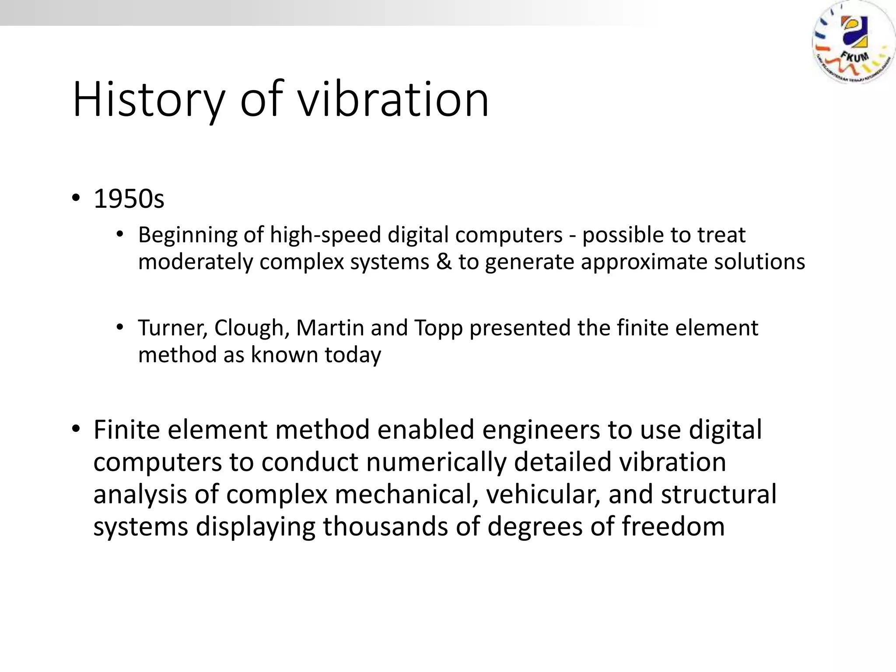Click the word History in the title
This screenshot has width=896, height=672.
click(x=148, y=100)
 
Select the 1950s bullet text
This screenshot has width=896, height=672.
click(x=129, y=199)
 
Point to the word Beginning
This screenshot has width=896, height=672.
click(x=188, y=235)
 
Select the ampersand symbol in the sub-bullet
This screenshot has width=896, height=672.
click(x=444, y=262)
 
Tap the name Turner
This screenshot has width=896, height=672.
click(x=172, y=328)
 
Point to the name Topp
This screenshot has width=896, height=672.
click(x=438, y=328)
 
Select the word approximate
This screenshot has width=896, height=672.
click(x=644, y=262)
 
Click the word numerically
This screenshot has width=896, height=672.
click(x=436, y=462)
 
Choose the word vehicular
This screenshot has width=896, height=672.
click(x=543, y=494)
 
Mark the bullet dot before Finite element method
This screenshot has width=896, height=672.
click(x=76, y=429)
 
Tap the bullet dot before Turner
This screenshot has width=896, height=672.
click(x=120, y=327)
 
